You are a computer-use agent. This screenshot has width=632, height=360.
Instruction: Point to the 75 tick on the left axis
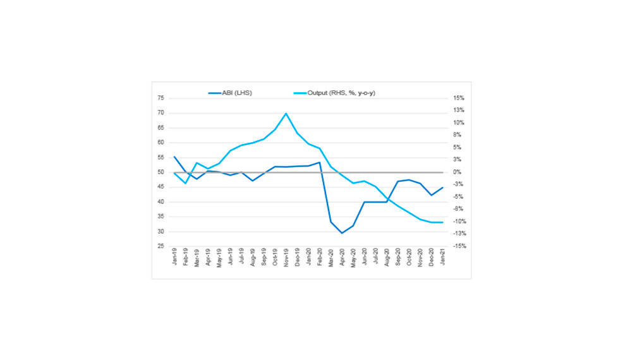coord(161,98)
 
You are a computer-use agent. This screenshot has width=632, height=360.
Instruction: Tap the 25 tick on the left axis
coord(161,246)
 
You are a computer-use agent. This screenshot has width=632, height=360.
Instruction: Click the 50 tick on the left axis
coord(161,172)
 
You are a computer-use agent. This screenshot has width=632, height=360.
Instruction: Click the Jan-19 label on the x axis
coord(174,260)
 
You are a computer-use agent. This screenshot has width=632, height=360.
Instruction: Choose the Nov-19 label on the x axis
coord(286,260)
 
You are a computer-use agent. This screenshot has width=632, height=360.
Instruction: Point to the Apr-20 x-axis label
coord(342,260)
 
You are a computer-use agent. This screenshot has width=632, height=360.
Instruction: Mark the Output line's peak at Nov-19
coord(286,114)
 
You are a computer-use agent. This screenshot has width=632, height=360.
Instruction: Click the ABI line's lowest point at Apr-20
coord(342,233)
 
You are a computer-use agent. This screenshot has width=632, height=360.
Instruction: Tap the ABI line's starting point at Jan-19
coord(174,157)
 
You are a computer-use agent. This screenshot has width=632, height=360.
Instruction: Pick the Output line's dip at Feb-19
coord(186,183)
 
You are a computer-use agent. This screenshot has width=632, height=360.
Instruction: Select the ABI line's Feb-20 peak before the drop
coord(320,162)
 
